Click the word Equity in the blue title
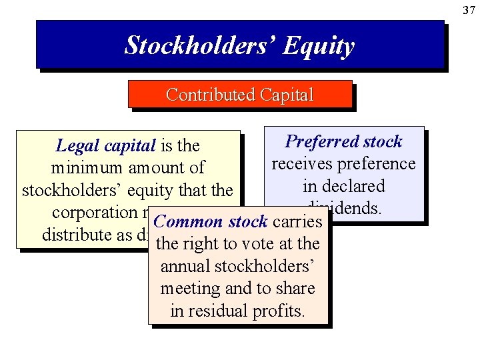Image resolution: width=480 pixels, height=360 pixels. [x=319, y=46]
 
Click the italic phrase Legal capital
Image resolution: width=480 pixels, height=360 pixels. [x=105, y=145]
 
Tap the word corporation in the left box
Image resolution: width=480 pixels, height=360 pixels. [x=93, y=213]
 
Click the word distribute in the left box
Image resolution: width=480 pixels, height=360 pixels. [x=74, y=235]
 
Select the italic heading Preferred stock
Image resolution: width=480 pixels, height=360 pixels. [x=344, y=141]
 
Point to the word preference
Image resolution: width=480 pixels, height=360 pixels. [x=378, y=164]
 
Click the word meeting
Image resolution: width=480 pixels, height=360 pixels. [x=190, y=289]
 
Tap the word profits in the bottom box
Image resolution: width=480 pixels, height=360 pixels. [x=279, y=311]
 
